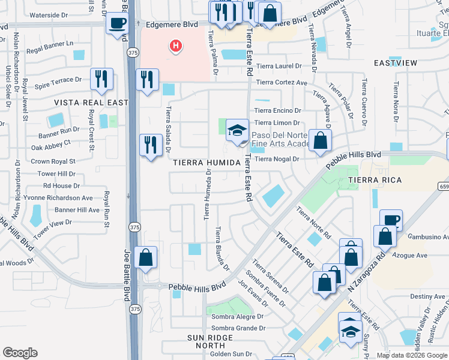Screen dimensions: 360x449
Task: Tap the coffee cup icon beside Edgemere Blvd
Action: [116, 23]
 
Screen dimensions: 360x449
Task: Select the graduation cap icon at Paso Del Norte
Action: [238, 130]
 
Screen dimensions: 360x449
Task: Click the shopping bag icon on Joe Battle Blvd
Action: [145, 258]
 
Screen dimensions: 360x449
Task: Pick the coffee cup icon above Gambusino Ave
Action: [391, 220]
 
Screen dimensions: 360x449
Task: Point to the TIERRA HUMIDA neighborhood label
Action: [206, 163]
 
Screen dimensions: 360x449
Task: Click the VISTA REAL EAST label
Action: [91, 103]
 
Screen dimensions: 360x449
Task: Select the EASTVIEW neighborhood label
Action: [395, 63]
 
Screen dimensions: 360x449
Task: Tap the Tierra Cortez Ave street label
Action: [282, 83]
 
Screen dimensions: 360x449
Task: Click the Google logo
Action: [20, 353]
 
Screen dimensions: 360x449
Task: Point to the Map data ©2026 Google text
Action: [411, 355]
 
